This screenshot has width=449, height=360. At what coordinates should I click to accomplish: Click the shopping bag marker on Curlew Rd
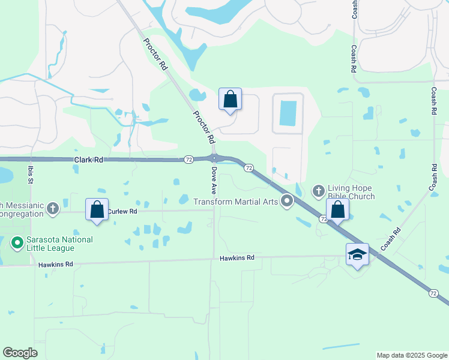pyautogui.click(x=97, y=210)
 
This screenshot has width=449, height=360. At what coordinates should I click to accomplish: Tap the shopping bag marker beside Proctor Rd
pyautogui.click(x=230, y=100)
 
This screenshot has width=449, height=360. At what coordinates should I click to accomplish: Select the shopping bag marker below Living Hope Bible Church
pyautogui.click(x=338, y=210)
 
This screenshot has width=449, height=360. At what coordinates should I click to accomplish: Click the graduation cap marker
pyautogui.click(x=357, y=254)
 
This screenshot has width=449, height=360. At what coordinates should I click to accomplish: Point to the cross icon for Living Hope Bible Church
pyautogui.click(x=319, y=192)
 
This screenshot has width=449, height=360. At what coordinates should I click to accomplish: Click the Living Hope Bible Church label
pyautogui.click(x=351, y=192)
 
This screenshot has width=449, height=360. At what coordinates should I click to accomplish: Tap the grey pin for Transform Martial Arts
pyautogui.click(x=287, y=202)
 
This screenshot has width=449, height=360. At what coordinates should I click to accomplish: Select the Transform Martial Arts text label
pyautogui.click(x=235, y=202)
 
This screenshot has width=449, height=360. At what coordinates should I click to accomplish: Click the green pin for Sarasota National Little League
pyautogui.click(x=17, y=244)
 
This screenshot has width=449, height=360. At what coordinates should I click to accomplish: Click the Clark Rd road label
pyautogui.click(x=89, y=160)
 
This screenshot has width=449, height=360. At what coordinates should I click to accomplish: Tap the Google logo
pyautogui.click(x=20, y=353)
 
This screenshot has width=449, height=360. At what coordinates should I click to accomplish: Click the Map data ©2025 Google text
pyautogui.click(x=411, y=355)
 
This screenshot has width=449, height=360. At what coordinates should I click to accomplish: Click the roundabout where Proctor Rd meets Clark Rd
pyautogui.click(x=214, y=158)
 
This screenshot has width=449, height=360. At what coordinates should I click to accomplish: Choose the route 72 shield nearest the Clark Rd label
pyautogui.click(x=188, y=160)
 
